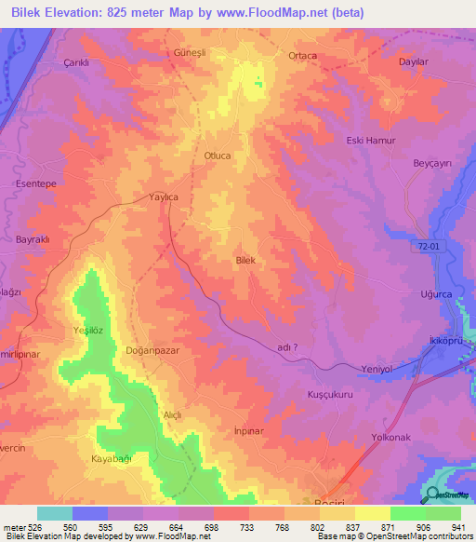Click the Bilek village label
(245, 261)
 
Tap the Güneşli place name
(190, 53)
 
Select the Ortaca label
(303, 56)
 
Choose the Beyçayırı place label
(432, 163)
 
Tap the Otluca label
(217, 156)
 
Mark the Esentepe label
(37, 184)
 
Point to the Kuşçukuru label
(331, 395)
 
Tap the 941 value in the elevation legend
(456, 527)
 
